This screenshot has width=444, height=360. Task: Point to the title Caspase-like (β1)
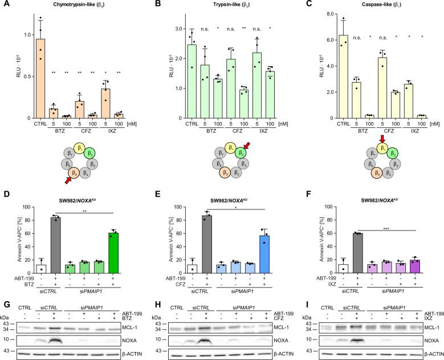[x=383, y=5]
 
